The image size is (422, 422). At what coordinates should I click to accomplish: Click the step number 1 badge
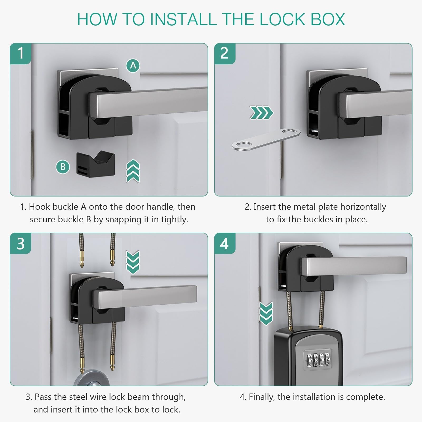pos(21,54)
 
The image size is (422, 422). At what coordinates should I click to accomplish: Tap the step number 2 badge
pos(225,54)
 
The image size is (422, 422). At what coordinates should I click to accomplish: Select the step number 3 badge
pos(21,243)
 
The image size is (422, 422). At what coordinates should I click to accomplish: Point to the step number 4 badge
pos(225,243)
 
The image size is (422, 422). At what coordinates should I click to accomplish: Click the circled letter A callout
pos(133,65)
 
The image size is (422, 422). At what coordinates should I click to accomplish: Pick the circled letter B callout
pos(63,167)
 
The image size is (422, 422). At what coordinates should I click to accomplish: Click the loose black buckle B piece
pos(96,164)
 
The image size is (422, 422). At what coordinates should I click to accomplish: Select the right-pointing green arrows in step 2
pos(261,113)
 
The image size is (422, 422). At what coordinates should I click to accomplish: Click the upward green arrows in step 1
pos(133,171)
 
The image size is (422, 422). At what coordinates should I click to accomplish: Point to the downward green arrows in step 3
pos(133,262)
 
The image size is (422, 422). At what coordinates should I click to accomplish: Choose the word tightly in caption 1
pos(174,220)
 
